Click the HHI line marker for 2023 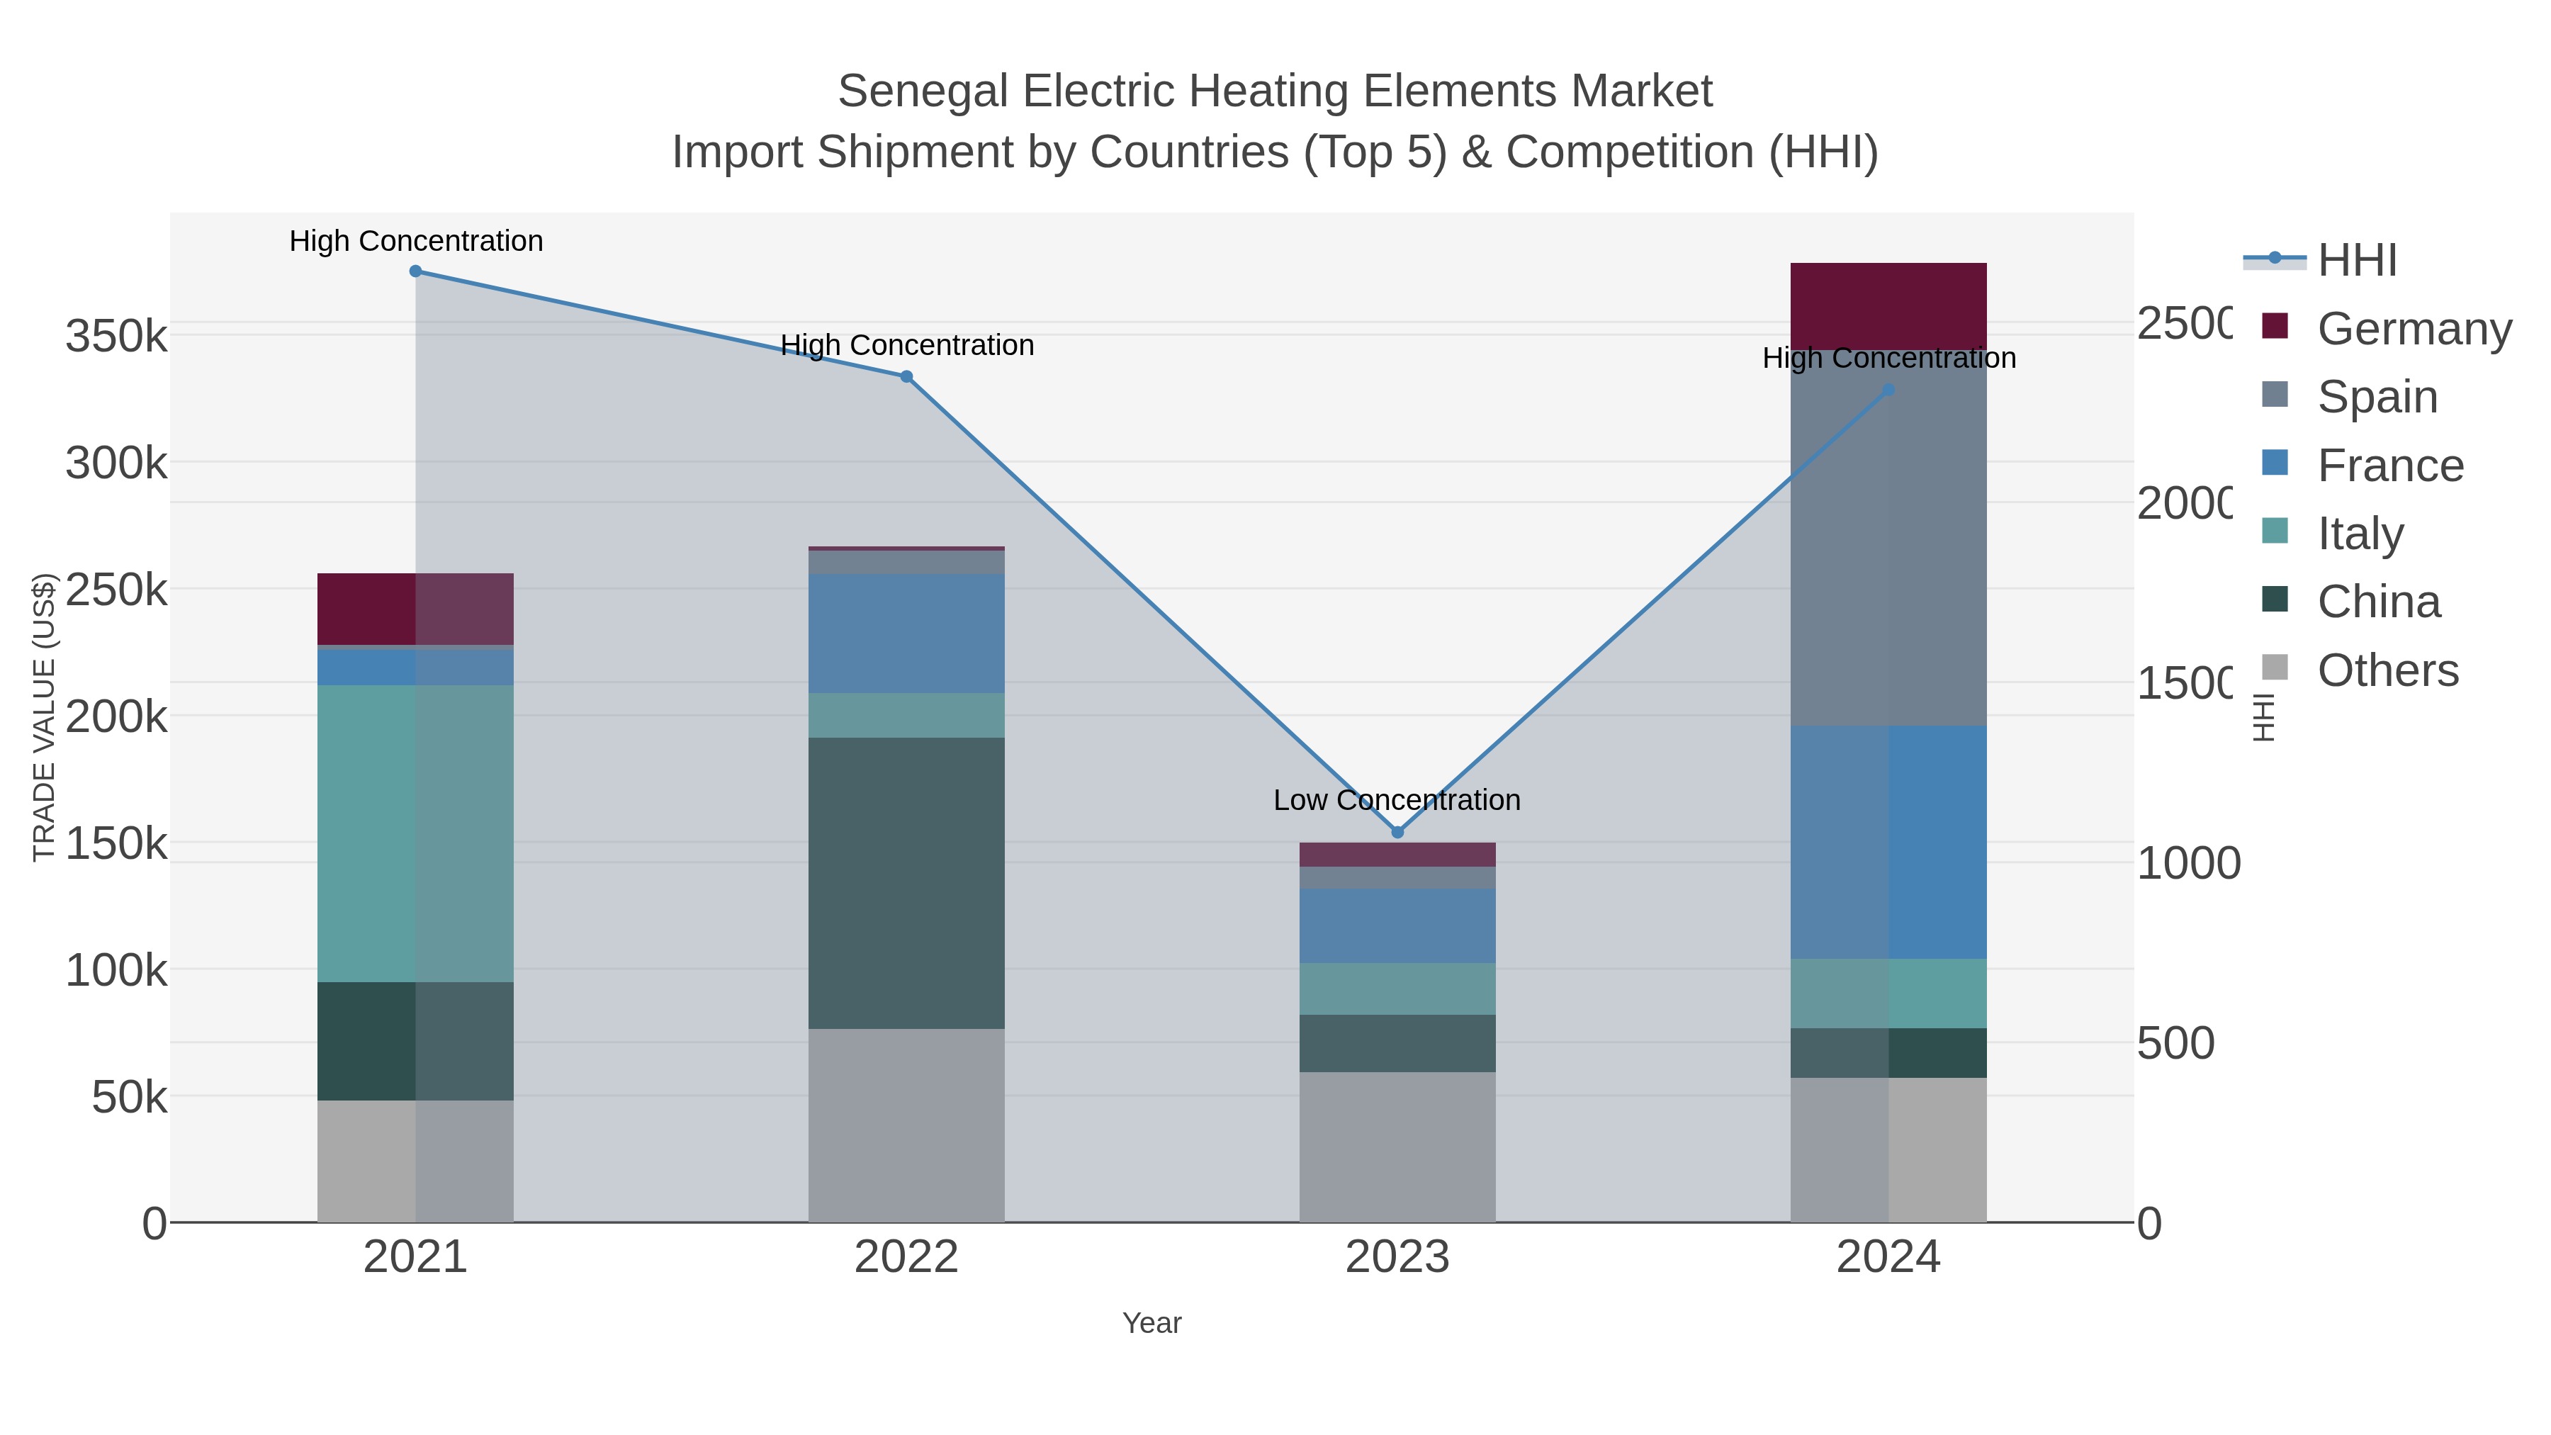click(x=1397, y=832)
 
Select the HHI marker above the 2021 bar click(x=416, y=271)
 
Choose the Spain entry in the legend click(x=2377, y=397)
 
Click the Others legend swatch click(x=2275, y=668)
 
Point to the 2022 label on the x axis click(x=906, y=1258)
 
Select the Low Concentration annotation click(x=1396, y=800)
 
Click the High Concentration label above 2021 click(x=416, y=242)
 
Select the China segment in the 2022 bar click(x=906, y=882)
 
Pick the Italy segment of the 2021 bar click(x=415, y=832)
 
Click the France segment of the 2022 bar click(x=906, y=634)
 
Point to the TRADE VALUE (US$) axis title click(x=43, y=717)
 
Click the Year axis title click(x=1151, y=1323)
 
